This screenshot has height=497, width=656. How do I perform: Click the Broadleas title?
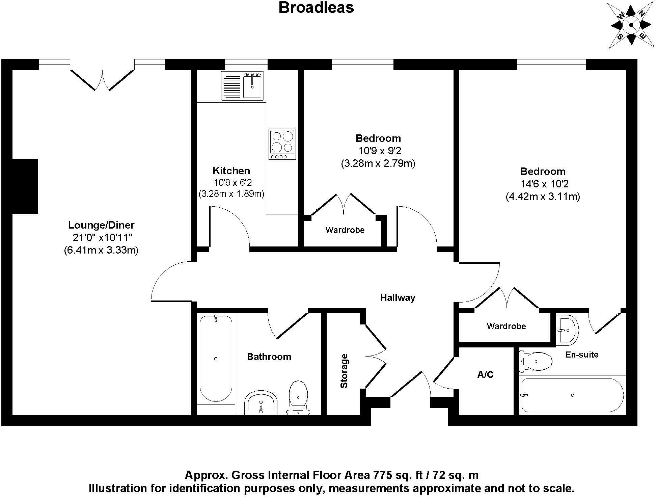click(316, 7)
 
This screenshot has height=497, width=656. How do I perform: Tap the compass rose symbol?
click(631, 25)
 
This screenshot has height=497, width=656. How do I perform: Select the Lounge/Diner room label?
click(101, 225)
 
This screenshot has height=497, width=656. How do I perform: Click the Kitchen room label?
click(231, 171)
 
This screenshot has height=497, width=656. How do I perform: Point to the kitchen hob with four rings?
click(282, 144)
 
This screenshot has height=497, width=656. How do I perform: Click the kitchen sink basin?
click(252, 86)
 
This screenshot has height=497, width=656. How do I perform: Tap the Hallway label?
click(398, 297)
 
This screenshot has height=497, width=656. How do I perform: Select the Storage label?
click(344, 371)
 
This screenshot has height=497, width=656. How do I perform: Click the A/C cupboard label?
click(485, 374)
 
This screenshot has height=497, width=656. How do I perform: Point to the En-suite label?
click(582, 355)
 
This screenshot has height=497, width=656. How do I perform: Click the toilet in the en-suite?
click(536, 361)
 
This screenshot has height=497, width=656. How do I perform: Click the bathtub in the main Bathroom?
click(216, 359)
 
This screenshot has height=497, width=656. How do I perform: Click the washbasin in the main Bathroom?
click(261, 403)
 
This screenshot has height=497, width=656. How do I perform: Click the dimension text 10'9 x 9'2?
click(378, 151)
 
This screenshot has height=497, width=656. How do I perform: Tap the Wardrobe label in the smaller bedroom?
click(345, 230)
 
